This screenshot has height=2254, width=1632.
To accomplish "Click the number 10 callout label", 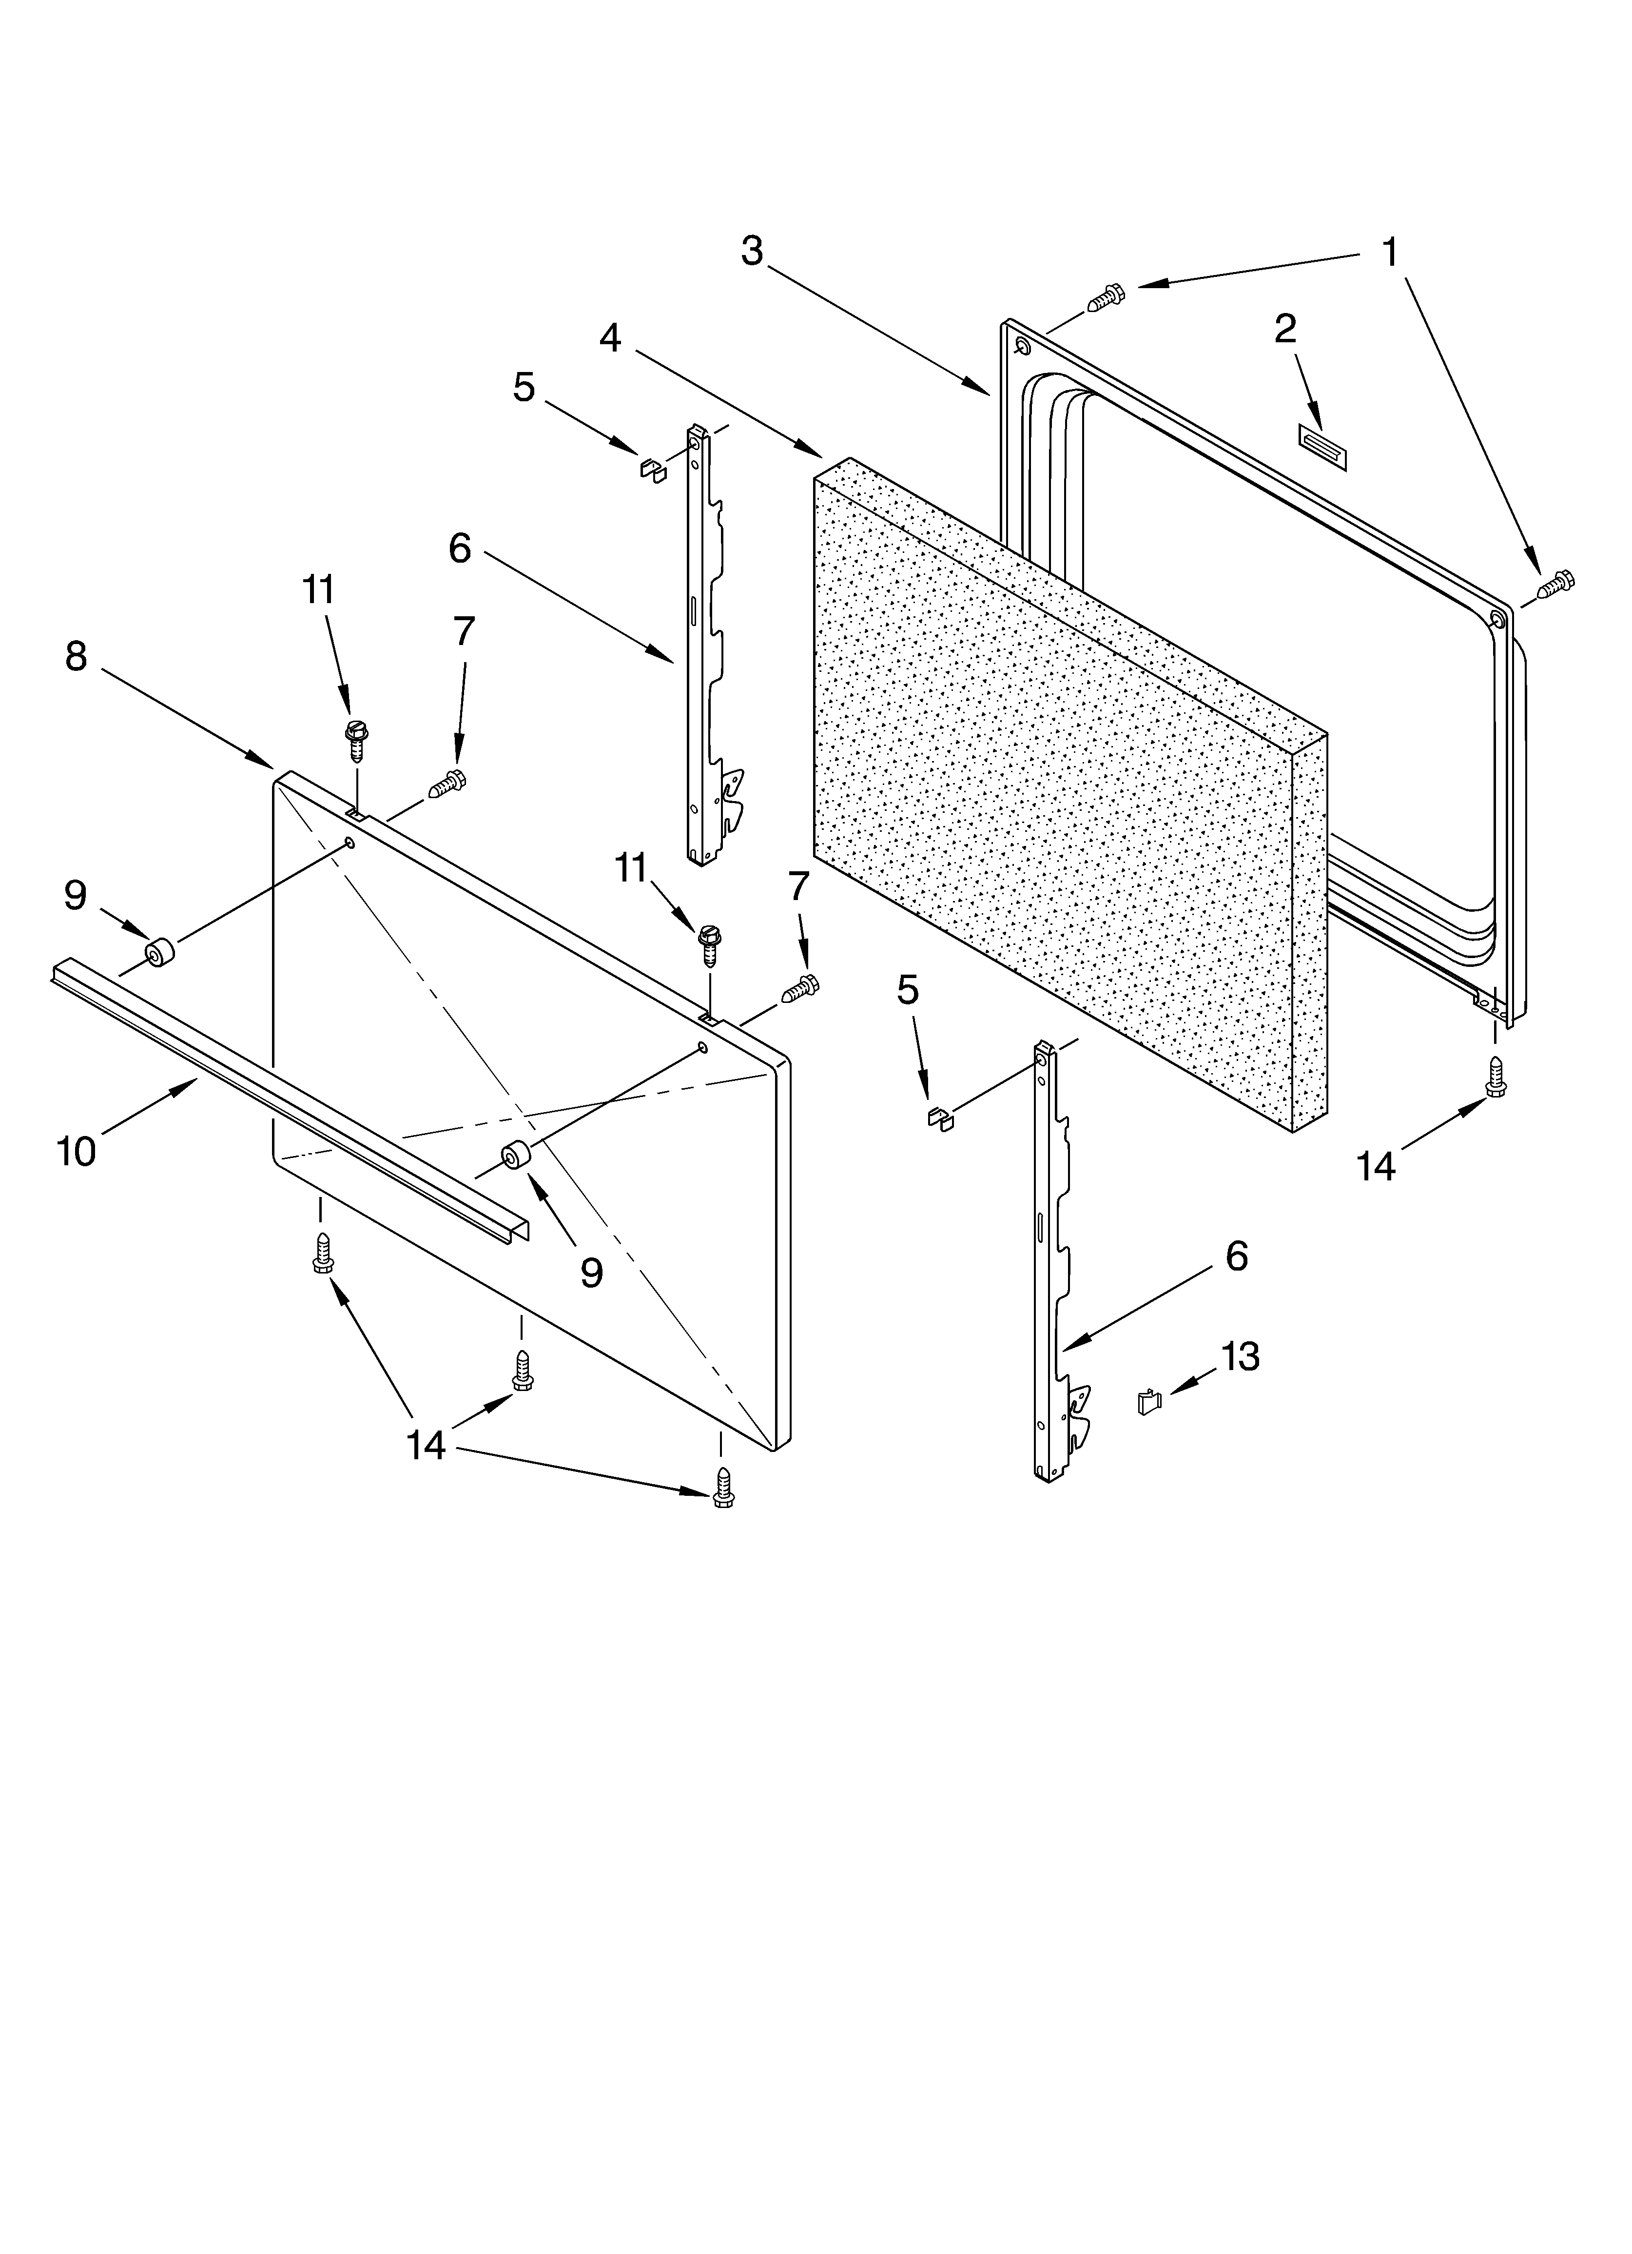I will point(77,1151).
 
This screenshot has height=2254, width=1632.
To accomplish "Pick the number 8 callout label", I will point(77,656).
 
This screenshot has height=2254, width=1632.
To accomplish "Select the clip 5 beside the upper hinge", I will point(652,467).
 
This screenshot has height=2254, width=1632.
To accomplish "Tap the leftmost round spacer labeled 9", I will point(158,954).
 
